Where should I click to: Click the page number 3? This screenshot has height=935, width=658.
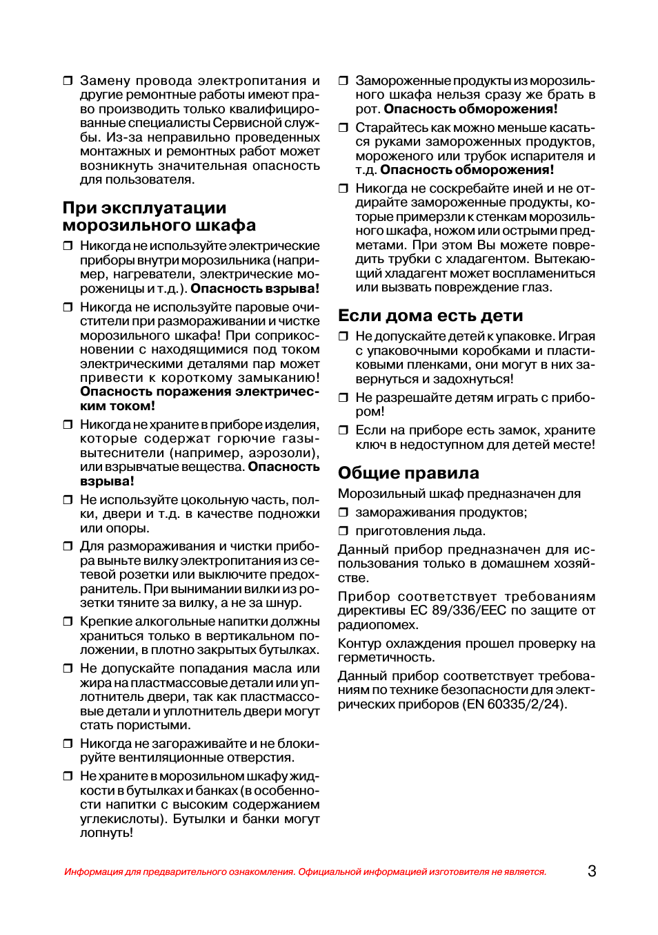[x=592, y=871]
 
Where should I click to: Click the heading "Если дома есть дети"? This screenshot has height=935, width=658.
[x=430, y=316]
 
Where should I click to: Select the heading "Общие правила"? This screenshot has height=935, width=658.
[x=408, y=473]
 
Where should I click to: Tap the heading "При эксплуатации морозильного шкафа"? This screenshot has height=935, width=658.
[x=159, y=217]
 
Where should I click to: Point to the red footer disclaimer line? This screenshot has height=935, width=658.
[x=305, y=871]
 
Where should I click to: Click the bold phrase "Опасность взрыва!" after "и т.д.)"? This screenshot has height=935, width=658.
[x=255, y=289]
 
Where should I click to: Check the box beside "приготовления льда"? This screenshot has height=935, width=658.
[x=343, y=531]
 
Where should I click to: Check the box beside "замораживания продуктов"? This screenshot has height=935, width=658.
[x=343, y=512]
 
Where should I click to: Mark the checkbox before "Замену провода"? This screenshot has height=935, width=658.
[x=68, y=81]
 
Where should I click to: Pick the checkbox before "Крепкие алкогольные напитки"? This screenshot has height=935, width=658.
[x=68, y=621]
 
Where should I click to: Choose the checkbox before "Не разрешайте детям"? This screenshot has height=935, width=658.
[x=343, y=398]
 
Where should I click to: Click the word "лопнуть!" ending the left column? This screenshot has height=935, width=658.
[x=106, y=833]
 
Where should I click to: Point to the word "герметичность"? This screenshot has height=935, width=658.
[x=386, y=658]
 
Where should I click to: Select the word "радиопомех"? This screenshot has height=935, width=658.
[x=377, y=625]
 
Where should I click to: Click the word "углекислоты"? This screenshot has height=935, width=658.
[x=121, y=819]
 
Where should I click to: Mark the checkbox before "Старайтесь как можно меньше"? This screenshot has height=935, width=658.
[x=343, y=128]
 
